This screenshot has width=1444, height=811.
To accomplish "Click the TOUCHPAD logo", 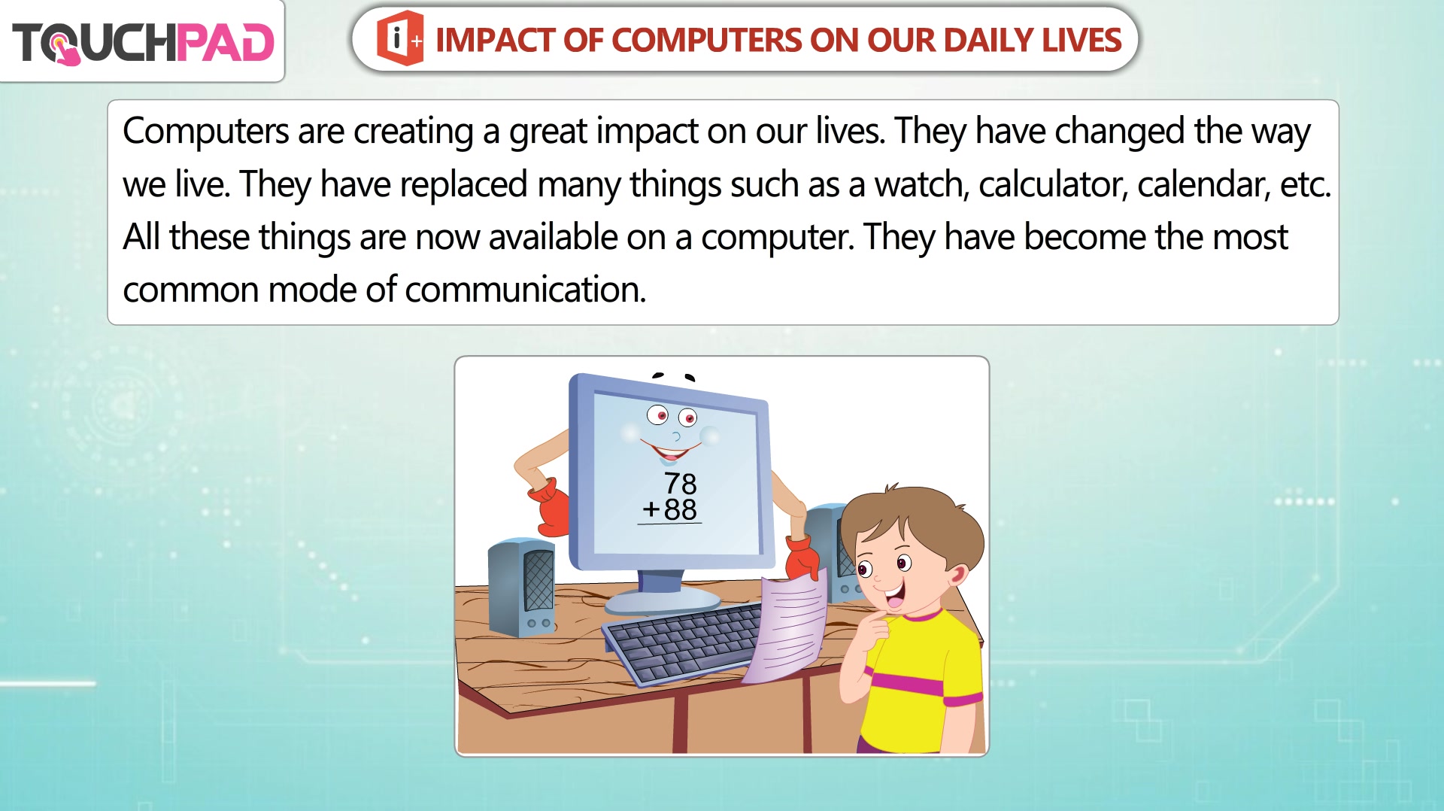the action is pyautogui.click(x=143, y=41).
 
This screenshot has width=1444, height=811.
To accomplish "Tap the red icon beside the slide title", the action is pyautogui.click(x=400, y=38).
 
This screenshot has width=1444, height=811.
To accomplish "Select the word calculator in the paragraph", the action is pyautogui.click(x=1053, y=184).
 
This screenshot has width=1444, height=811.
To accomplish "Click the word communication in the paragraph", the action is pyautogui.click(x=525, y=290).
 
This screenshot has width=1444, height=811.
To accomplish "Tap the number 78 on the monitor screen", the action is pyautogui.click(x=680, y=483).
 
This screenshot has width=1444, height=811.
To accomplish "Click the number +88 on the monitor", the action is pyautogui.click(x=669, y=509).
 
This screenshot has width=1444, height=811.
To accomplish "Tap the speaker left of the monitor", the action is pyautogui.click(x=522, y=587).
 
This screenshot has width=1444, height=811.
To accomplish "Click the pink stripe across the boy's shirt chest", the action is pyautogui.click(x=907, y=683).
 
